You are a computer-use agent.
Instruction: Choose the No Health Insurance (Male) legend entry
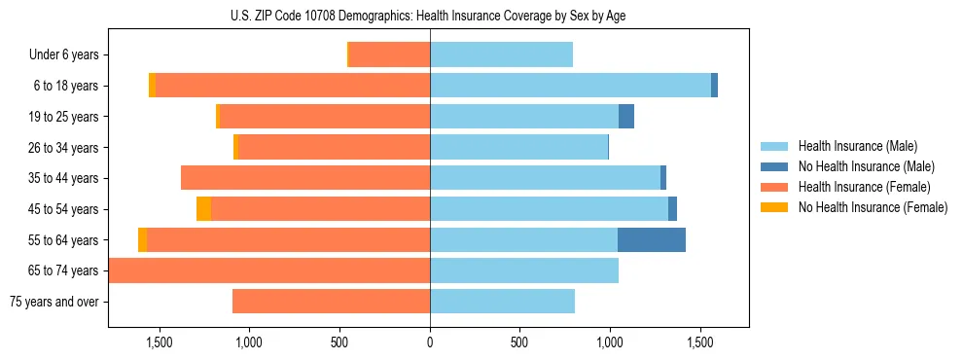[866, 166]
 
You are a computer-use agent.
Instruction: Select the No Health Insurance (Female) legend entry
[873, 207]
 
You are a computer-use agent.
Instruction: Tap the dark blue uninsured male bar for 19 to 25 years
[626, 117]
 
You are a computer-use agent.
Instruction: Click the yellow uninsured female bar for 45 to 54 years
[203, 208]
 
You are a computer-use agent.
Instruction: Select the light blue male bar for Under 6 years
[501, 54]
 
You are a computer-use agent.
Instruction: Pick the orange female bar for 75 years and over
[331, 301]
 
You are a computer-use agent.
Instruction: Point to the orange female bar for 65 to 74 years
[269, 270]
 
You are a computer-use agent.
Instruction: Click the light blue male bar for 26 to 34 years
[518, 147]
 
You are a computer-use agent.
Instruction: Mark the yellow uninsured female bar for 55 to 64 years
[143, 239]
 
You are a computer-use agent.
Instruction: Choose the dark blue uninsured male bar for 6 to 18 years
[714, 86]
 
